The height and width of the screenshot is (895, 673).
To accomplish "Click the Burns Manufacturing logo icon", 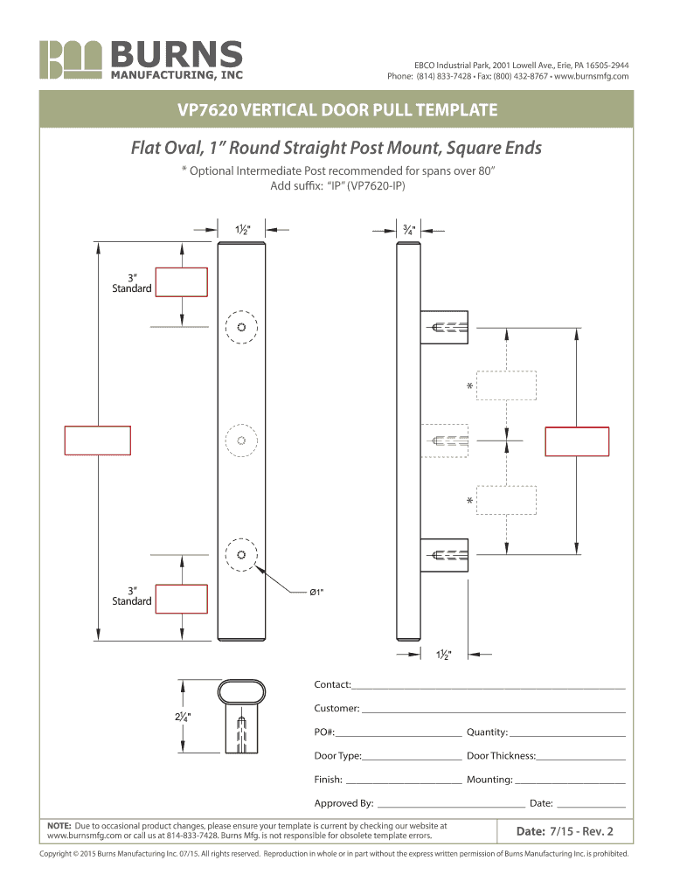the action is click(x=71, y=59).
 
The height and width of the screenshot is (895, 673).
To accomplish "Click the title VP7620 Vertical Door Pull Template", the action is click(x=337, y=109).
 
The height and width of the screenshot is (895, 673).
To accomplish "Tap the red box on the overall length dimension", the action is click(x=98, y=441).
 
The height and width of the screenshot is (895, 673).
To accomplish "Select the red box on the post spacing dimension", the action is click(x=577, y=441).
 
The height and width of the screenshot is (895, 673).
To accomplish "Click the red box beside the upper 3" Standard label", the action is click(x=182, y=282).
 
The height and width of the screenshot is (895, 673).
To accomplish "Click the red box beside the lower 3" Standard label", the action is click(x=182, y=599).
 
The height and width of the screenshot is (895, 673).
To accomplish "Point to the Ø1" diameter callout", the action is click(x=316, y=593).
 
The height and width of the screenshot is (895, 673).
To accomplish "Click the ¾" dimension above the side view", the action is click(x=409, y=230).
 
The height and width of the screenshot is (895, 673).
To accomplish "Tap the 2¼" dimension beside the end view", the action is click(x=184, y=717).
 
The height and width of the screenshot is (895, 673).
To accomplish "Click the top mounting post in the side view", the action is click(x=444, y=327).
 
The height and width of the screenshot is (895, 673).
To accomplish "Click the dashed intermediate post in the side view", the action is click(x=444, y=441).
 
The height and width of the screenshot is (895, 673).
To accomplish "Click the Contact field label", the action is click(x=332, y=684).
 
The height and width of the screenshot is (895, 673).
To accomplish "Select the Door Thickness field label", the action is click(x=501, y=756).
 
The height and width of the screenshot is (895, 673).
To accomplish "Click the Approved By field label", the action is click(x=343, y=803).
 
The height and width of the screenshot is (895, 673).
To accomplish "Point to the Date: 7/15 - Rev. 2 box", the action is click(x=565, y=831).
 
